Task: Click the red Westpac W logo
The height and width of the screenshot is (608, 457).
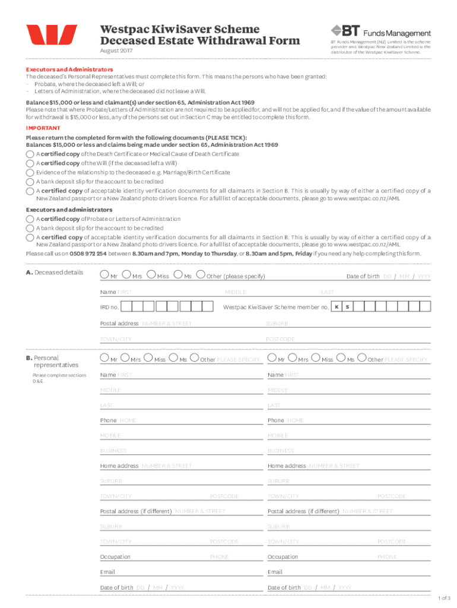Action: (x=51, y=35)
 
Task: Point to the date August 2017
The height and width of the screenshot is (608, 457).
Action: (x=116, y=51)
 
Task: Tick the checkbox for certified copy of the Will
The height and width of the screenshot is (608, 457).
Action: (x=30, y=163)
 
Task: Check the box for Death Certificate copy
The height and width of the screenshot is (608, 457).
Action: (x=30, y=154)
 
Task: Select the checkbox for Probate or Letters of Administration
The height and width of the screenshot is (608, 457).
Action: (x=30, y=219)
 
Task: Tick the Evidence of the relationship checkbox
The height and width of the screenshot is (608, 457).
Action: (x=30, y=173)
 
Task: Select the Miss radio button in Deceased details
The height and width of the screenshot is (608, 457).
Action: (x=151, y=275)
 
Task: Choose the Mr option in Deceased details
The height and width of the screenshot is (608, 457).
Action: (x=104, y=275)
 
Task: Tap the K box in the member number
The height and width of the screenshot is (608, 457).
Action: (x=337, y=307)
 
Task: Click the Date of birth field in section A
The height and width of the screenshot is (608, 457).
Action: (x=407, y=277)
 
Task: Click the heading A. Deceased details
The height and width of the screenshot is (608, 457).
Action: (x=54, y=273)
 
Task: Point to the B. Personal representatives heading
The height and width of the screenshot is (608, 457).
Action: (x=52, y=362)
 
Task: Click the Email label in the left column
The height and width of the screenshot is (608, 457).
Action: (x=107, y=572)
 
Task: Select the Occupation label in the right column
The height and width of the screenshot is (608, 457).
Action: (x=283, y=557)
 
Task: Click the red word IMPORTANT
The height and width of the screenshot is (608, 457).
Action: (x=43, y=128)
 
